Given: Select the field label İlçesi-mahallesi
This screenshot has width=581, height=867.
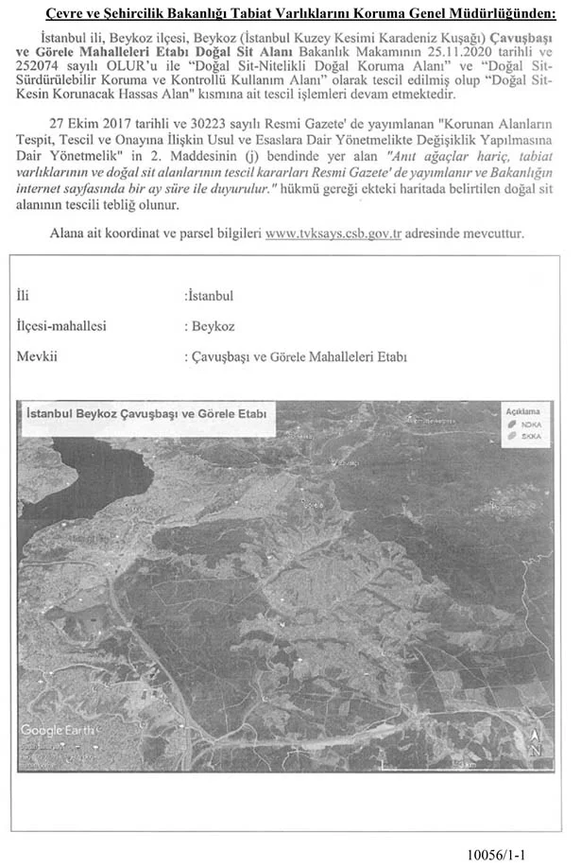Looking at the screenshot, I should (61, 326).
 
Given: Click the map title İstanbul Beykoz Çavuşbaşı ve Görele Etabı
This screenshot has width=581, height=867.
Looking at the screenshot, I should (147, 414).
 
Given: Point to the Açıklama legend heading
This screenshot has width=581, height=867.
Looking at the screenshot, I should (521, 413).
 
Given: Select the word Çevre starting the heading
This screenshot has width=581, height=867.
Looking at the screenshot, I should (64, 12).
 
